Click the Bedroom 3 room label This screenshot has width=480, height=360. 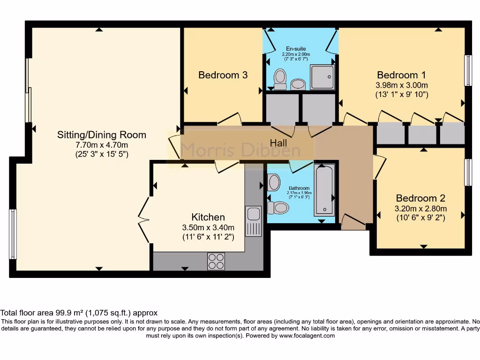click(223, 75)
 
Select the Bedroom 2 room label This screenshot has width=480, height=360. click(420, 198)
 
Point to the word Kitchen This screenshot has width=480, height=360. click(208, 217)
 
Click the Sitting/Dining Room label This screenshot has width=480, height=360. click(102, 135)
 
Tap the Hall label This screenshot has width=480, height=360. click(278, 142)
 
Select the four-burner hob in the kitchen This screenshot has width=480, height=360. click(216, 261)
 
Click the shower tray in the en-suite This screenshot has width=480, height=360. click(322, 77)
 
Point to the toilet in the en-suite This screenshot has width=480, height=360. click(280, 79)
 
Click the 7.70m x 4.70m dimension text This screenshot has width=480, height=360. click(102, 145)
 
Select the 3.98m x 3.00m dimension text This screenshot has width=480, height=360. click(402, 85)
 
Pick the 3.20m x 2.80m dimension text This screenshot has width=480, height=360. click(420, 209)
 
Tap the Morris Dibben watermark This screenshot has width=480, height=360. click(240, 150)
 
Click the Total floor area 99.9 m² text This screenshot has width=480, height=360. click(79, 313)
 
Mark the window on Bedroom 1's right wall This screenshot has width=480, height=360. click(467, 70)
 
